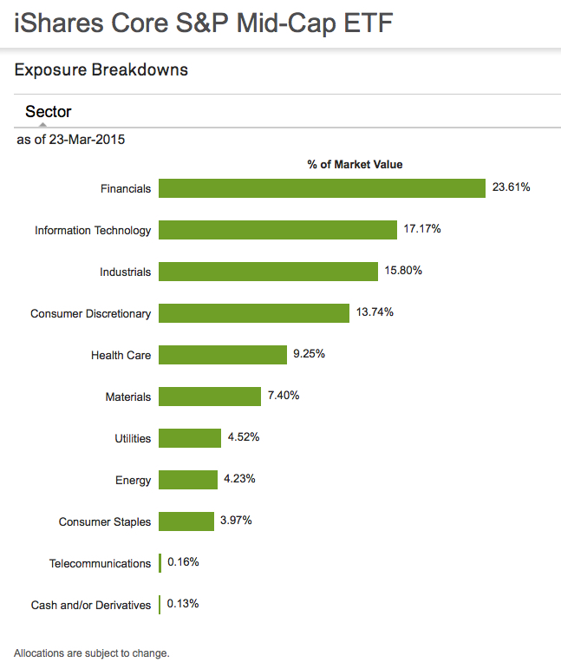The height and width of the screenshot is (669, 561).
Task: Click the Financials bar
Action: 322,188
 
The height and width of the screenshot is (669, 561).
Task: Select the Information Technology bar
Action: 277,230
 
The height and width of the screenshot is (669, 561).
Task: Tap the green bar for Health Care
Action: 223,355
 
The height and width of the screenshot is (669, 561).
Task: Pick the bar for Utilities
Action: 190,438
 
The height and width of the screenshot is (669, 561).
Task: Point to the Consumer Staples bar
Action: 186,521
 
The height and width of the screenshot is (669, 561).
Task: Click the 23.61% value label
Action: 511,187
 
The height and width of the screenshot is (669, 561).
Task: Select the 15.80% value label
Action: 403,271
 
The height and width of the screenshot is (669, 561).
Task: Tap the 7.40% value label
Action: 285,396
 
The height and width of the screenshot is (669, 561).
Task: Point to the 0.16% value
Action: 183,562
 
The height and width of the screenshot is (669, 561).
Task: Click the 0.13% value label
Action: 183,604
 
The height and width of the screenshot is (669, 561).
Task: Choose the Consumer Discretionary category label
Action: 90,313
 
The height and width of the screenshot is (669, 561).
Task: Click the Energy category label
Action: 133,480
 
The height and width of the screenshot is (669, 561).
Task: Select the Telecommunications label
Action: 100,563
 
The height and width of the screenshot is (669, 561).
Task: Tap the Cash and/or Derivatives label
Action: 90,605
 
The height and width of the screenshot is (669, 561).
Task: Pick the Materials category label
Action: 127,397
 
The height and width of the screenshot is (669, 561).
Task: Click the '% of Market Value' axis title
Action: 355,164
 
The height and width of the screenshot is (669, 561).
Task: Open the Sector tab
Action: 49,112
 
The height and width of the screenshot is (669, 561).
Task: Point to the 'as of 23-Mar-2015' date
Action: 71,139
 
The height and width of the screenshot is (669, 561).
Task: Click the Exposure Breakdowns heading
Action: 101,69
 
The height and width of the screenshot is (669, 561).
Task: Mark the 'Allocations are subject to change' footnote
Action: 92,653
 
